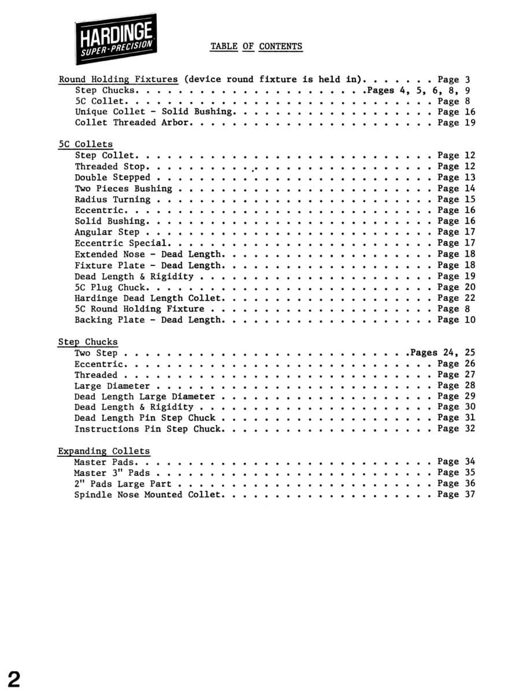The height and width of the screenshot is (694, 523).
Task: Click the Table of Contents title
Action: point(256,47)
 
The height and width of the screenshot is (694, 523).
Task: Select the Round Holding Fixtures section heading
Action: point(118,80)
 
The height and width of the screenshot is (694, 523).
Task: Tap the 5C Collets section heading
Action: point(86,145)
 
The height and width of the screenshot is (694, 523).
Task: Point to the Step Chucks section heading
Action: point(88,342)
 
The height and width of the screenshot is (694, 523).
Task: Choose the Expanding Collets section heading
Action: point(104,452)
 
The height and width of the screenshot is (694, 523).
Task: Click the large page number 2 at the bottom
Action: point(14,678)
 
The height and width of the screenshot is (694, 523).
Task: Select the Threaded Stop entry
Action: point(110,167)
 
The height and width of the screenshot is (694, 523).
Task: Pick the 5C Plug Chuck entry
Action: point(110,287)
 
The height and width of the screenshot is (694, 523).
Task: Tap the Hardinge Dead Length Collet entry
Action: point(148,298)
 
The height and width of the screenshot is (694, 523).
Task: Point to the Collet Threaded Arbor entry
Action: point(132,123)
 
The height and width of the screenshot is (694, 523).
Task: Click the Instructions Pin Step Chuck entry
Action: point(147,429)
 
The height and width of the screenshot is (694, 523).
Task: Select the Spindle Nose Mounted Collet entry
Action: point(147,495)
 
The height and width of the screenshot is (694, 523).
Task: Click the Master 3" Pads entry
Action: point(112,473)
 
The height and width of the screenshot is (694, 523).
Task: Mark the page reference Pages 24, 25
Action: point(443,353)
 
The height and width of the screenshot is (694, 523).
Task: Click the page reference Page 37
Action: point(456,495)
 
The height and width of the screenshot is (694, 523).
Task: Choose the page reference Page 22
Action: point(456,298)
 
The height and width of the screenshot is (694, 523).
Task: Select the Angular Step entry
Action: point(107,232)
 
